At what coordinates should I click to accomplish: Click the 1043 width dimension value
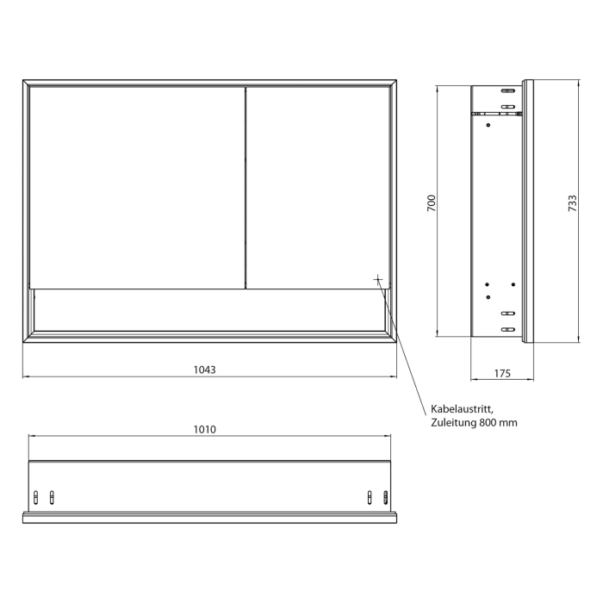click(x=204, y=369)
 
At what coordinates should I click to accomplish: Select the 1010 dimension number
click(x=204, y=428)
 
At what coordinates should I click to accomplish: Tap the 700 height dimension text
click(x=432, y=203)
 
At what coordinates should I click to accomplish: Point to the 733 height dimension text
click(x=571, y=203)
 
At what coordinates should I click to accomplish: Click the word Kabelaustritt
click(x=462, y=410)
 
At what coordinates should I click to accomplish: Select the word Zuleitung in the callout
click(x=451, y=423)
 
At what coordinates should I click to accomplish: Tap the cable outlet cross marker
click(x=377, y=279)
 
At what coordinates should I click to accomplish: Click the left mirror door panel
click(x=137, y=185)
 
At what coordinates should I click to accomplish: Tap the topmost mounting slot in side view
click(x=508, y=90)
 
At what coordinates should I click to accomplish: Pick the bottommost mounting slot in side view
click(x=508, y=328)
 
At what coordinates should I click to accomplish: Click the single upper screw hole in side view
click(x=488, y=126)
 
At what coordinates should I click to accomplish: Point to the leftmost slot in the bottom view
click(x=36, y=496)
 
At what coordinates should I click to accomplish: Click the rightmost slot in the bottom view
click(x=385, y=496)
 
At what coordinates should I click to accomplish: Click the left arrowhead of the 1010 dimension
click(x=31, y=436)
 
